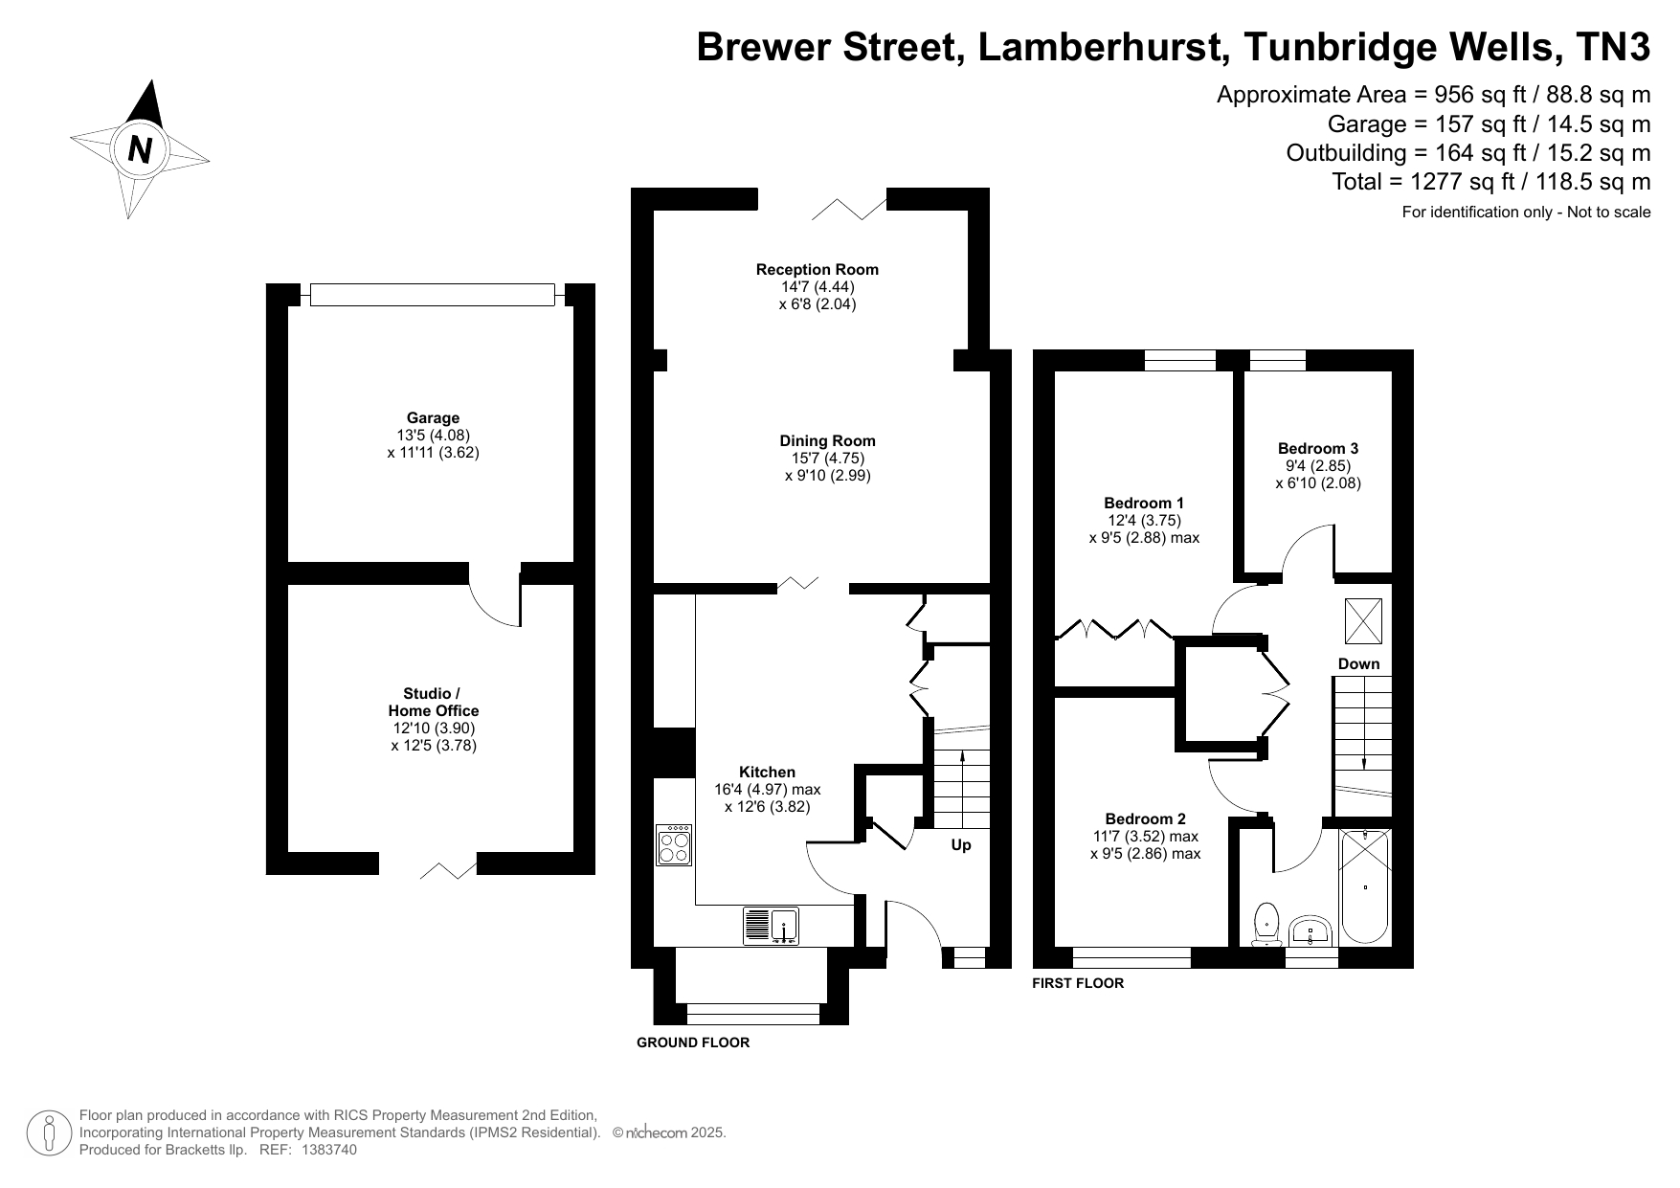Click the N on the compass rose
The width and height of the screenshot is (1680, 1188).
[x=141, y=149]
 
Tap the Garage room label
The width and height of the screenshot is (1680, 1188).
[x=433, y=417]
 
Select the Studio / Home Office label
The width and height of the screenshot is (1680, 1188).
[x=434, y=702]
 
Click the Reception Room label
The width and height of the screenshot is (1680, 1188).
[x=817, y=269]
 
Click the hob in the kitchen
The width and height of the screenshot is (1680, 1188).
[x=675, y=845]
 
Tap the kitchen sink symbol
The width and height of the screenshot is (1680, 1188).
[x=772, y=926]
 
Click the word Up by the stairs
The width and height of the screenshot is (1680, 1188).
[x=961, y=845]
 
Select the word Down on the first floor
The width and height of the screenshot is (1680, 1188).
[x=1358, y=663]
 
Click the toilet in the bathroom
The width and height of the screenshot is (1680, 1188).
[x=1266, y=923]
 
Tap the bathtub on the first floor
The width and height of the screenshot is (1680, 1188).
[x=1364, y=886]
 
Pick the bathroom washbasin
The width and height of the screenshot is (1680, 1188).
[x=1310, y=930]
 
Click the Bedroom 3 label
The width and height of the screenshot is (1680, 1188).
[x=1317, y=448]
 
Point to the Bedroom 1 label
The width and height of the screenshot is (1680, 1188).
[x=1144, y=503]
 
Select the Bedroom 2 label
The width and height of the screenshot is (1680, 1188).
[x=1145, y=818]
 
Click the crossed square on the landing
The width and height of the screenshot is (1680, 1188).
[x=1363, y=620]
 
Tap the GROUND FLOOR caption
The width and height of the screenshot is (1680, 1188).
[x=693, y=1042]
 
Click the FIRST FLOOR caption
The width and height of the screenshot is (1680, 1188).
[x=1078, y=983]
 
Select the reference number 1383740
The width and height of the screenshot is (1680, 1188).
[x=329, y=1150]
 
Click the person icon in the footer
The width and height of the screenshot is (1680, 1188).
[x=48, y=1132]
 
